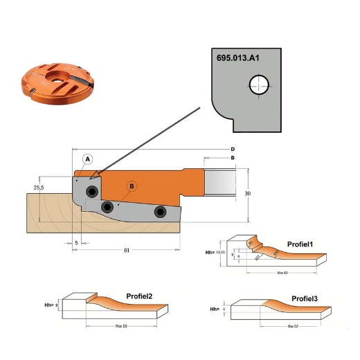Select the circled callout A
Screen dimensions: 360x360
click(88, 159)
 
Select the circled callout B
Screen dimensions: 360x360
click(132, 186)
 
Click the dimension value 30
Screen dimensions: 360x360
click(247, 195)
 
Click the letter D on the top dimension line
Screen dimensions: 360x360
click(233, 150)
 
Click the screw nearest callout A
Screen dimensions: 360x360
click(92, 192)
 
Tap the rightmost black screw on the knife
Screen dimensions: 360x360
click(160, 211)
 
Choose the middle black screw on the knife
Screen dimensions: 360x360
click(107, 207)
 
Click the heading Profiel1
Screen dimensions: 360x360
click(300, 244)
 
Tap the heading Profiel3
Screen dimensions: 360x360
click(304, 298)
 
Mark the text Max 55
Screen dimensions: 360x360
click(119, 325)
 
